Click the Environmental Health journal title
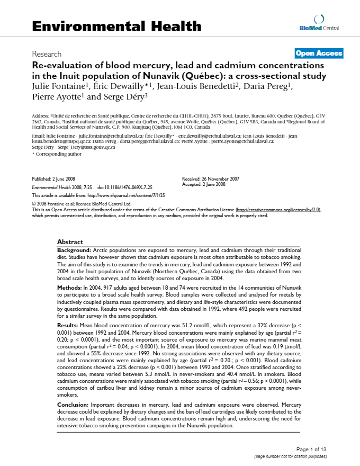point(116,26)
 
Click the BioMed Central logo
point(319,23)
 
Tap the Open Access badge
point(319,53)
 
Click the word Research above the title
point(47,54)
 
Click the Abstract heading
point(70,241)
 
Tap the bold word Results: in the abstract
point(68,324)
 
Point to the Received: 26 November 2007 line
point(211,179)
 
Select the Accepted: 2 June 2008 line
point(204,184)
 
